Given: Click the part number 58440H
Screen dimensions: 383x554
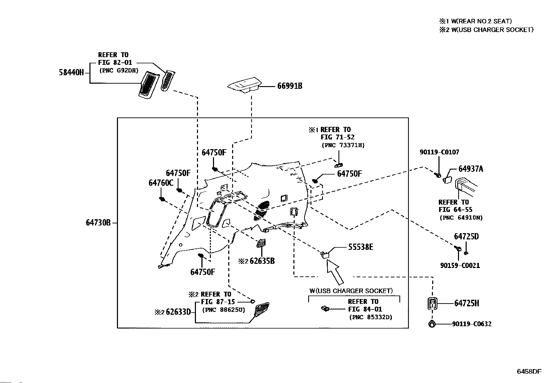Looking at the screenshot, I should click(x=71, y=72).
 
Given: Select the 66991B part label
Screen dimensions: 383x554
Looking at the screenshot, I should click(x=290, y=86).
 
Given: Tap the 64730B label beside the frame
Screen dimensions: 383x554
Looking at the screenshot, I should click(x=98, y=222).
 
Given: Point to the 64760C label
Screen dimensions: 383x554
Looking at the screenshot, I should click(x=161, y=183).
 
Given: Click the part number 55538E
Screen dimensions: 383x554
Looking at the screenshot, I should click(x=361, y=247).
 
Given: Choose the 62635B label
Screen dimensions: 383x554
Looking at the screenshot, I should click(x=262, y=261).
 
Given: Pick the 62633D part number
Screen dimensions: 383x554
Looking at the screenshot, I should click(x=178, y=312).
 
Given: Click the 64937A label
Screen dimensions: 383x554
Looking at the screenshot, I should click(x=471, y=169).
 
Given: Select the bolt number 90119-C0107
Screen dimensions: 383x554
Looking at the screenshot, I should click(x=439, y=152).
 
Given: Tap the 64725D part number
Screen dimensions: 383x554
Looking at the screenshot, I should click(x=466, y=237).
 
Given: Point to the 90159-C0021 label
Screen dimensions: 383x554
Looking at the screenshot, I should click(x=460, y=266).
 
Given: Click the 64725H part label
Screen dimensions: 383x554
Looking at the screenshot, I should click(x=466, y=304).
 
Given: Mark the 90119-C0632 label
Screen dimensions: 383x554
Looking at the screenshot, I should click(x=472, y=324).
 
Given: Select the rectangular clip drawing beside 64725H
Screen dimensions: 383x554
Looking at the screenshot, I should click(x=432, y=304).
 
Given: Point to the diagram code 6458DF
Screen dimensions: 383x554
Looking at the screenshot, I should click(x=529, y=371).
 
